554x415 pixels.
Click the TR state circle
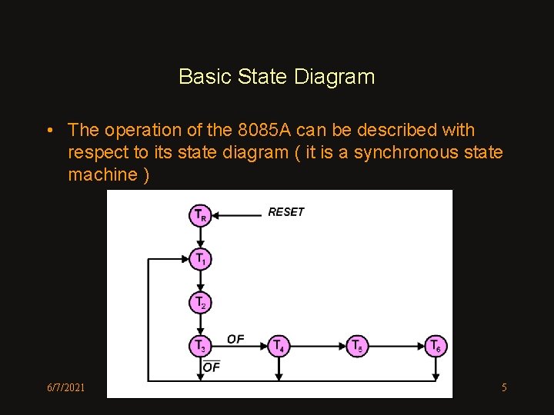(200, 215)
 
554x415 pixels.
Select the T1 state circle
(200, 259)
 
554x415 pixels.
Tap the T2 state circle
(200, 303)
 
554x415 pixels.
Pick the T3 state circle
(200, 347)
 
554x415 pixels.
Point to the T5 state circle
(357, 347)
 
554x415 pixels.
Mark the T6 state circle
(436, 347)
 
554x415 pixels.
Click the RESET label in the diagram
(286, 212)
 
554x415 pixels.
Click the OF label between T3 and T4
(235, 339)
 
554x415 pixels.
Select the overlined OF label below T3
(211, 367)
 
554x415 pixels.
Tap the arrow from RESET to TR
(237, 215)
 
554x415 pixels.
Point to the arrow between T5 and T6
(396, 347)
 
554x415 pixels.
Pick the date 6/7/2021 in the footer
(65, 387)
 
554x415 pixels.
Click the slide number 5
(504, 387)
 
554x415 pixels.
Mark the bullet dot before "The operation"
(49, 131)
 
